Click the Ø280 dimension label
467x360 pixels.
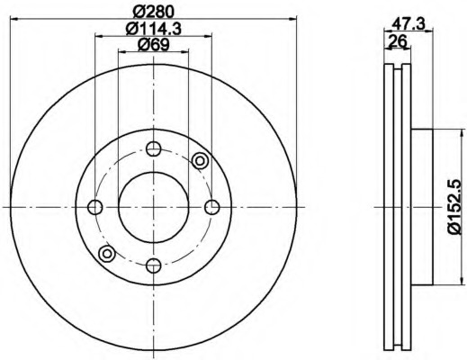pos(153,12)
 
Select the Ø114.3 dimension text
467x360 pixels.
pos(153,29)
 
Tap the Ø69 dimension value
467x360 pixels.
pos(153,45)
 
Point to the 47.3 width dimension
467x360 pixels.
pos(409,23)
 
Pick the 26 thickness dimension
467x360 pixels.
pos(398,40)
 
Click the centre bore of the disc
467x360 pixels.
pos(154,207)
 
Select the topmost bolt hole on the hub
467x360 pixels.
pos(154,148)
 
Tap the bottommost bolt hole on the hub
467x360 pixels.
pos(154,265)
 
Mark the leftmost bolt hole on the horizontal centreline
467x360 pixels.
pos(95,207)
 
